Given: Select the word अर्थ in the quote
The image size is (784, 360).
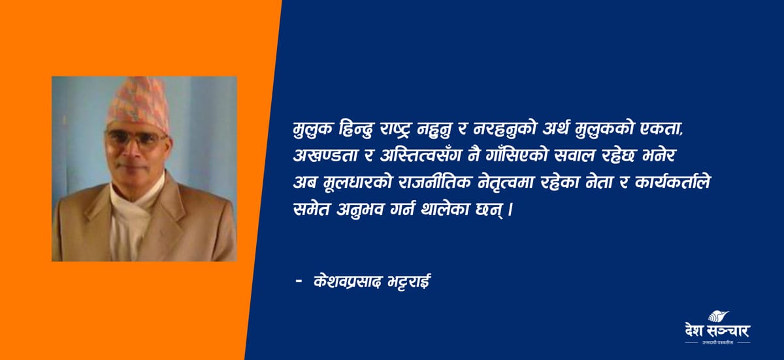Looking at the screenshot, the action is (x=556, y=129).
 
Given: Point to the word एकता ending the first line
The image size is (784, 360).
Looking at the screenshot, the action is (x=662, y=129).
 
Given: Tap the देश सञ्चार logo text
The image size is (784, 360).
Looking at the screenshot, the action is (x=717, y=331).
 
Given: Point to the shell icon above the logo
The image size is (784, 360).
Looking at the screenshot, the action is (x=718, y=316).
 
